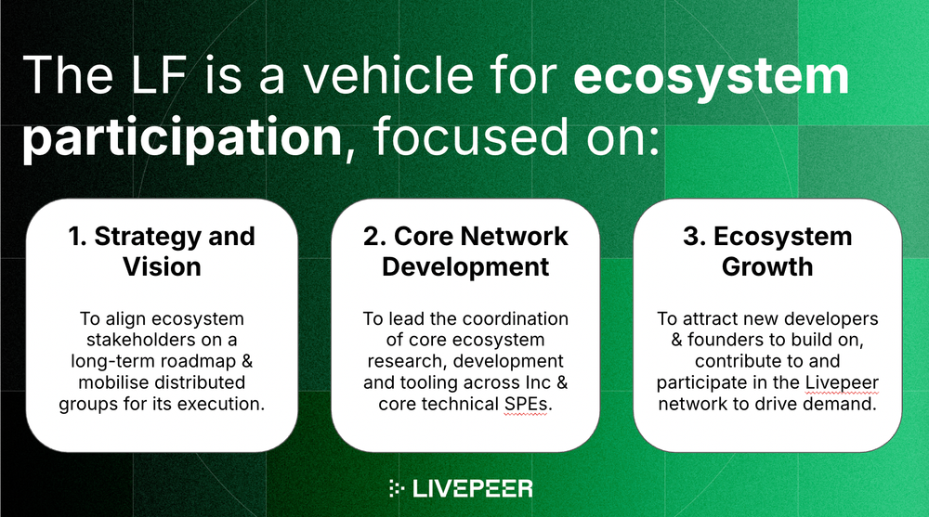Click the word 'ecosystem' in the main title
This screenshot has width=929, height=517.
tap(711, 76)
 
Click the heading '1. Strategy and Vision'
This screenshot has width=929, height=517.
tap(162, 252)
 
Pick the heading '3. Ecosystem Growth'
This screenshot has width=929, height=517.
tap(767, 252)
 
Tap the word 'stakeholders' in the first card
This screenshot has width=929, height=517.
tap(136, 340)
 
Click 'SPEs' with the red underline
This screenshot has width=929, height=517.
tap(523, 404)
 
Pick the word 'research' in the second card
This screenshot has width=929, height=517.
tap(403, 361)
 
